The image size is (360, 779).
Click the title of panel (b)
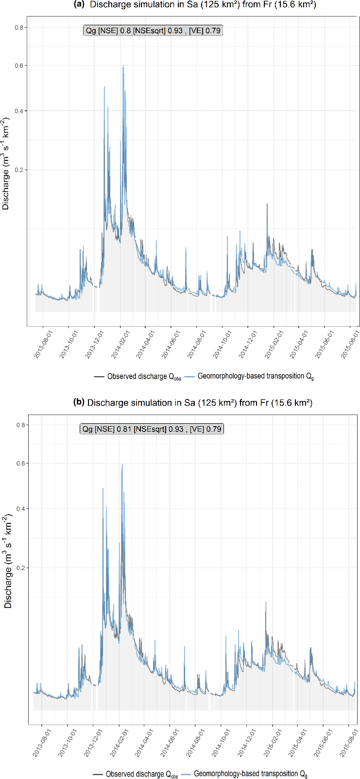(x=192, y=402)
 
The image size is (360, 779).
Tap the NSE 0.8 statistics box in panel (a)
(x=153, y=31)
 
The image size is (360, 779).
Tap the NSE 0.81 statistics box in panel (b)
(x=152, y=429)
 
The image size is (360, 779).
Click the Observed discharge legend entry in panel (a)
(x=138, y=377)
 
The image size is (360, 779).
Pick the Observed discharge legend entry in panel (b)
(x=136, y=774)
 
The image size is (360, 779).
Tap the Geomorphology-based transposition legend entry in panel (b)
(x=247, y=774)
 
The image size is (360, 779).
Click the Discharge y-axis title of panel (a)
(x=6, y=163)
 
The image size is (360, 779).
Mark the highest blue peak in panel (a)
(x=123, y=66)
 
